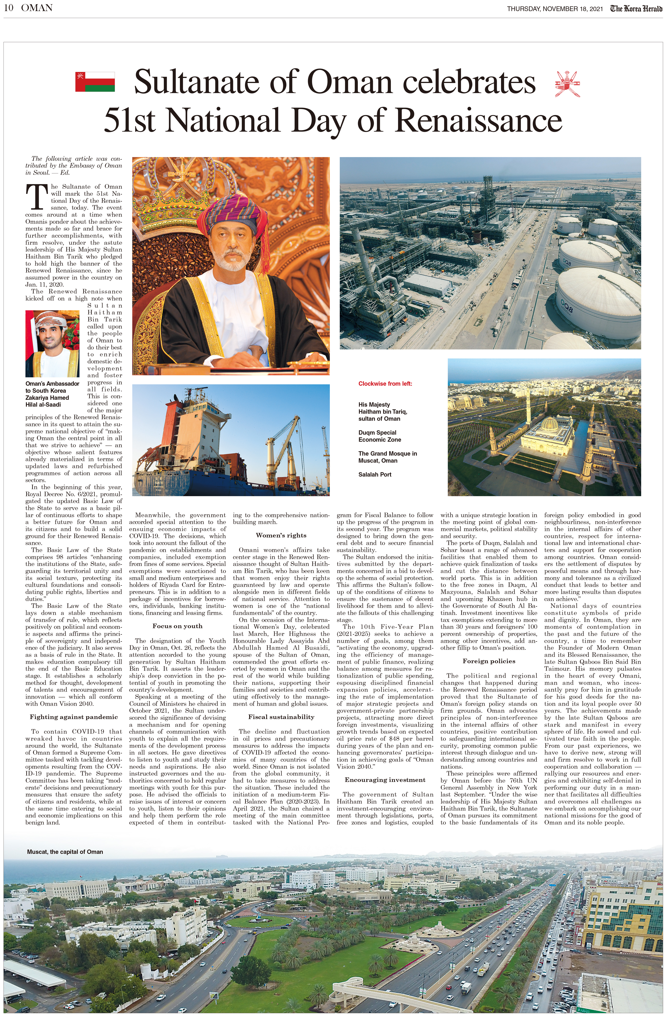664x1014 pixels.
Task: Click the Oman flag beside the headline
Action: pos(95,82)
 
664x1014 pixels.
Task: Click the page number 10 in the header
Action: pos(8,8)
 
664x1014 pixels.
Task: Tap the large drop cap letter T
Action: pos(36,197)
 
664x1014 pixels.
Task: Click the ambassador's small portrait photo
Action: pos(52,343)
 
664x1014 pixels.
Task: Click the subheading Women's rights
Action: pos(281,535)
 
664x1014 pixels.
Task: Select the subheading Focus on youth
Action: pos(178,626)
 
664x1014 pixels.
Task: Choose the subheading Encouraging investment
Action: pos(385,780)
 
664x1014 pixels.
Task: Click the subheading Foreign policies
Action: pos(489,661)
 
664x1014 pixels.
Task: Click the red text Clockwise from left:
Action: pos(385,383)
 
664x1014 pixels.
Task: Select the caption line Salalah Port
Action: pos(374,474)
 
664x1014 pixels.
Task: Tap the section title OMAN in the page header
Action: pos(37,8)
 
